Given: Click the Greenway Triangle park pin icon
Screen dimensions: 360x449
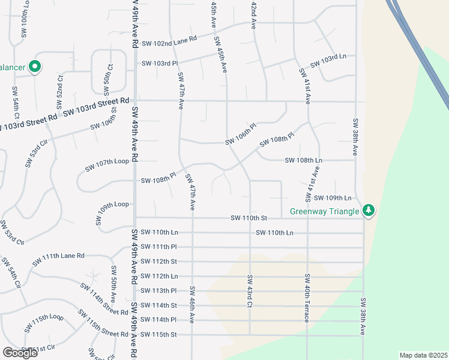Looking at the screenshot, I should [369, 211].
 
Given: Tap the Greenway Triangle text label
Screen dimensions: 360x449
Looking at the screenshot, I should [325, 211].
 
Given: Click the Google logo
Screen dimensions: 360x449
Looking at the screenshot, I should [20, 353].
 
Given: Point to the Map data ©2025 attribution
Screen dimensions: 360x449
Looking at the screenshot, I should [423, 355].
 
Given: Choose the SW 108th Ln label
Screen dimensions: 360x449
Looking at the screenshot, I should [304, 161].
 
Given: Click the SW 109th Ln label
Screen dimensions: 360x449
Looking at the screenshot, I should [332, 198].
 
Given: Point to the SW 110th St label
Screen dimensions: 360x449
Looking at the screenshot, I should [249, 218].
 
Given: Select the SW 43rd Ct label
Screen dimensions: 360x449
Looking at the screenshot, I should [249, 291].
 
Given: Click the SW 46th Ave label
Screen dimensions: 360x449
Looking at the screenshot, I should [191, 307].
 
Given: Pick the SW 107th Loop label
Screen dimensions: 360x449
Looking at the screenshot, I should [107, 165].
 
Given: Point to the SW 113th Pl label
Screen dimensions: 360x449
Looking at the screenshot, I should [158, 290].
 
